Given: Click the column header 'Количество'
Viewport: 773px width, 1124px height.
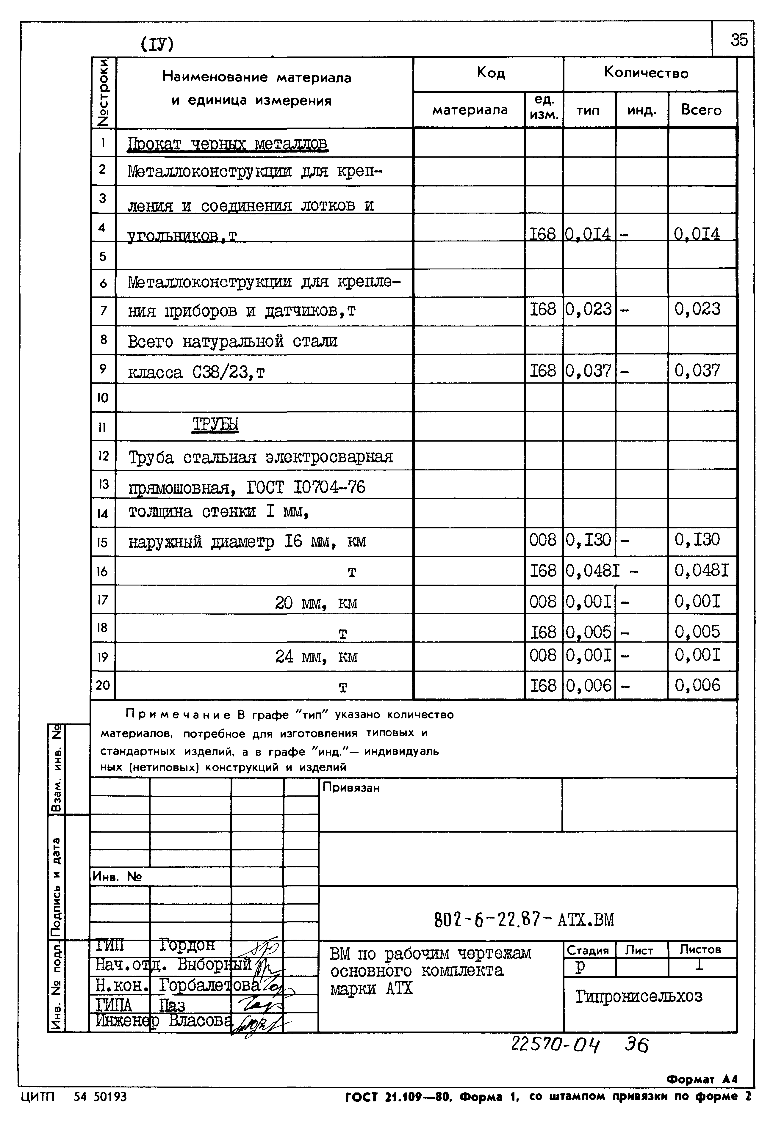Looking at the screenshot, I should pos(646,73).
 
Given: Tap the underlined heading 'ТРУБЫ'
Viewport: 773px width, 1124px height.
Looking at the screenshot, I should pos(215,425).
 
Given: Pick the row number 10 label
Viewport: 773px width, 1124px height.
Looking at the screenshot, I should pos(103,398).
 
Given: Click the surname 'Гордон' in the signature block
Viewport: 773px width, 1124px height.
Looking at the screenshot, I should pos(187,945).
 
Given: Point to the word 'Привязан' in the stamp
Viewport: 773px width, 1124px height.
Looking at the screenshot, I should pos(351,788).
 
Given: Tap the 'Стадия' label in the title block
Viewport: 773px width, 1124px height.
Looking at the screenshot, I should pos(588,951).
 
